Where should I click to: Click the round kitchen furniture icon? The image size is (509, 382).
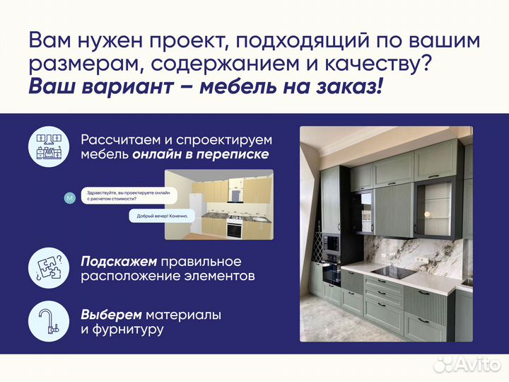pyautogui.click(x=47, y=146)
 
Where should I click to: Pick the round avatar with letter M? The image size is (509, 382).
pyautogui.click(x=69, y=198)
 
